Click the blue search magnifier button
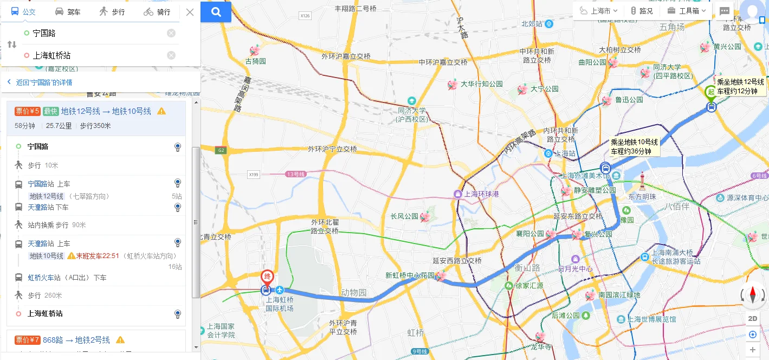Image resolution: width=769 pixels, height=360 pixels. tap(216, 12)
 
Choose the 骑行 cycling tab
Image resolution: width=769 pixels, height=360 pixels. tap(157, 12)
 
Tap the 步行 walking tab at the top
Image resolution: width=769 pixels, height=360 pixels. tap(112, 12)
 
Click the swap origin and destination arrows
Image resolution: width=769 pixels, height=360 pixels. tap(11, 44)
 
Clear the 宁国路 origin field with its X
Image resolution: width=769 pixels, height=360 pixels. tap(171, 33)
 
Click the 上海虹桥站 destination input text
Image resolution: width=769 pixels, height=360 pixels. tap(51, 55)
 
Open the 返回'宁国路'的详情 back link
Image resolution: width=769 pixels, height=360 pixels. tap(43, 82)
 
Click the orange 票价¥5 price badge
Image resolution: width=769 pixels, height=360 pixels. tap(27, 111)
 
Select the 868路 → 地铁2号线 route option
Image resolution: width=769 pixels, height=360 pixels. tap(76, 340)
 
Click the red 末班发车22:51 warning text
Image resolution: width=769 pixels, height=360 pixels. tap(98, 256)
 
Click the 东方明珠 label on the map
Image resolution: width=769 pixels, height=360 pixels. tap(642, 196)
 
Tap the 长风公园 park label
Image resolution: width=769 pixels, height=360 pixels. tap(404, 216)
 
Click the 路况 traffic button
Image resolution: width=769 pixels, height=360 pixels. tap(642, 11)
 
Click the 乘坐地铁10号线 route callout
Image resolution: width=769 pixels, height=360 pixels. tap(634, 146)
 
